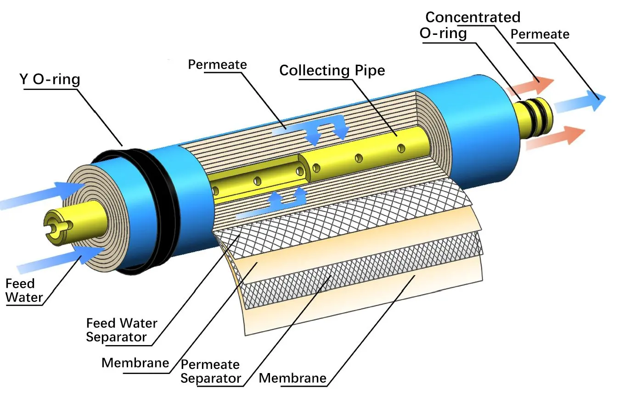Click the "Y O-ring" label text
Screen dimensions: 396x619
tap(50, 80)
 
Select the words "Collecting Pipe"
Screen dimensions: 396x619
tap(332, 70)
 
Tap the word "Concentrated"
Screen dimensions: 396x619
tap(473, 17)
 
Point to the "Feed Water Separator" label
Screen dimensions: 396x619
tap(121, 330)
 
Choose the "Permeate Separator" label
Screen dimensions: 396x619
tap(210, 371)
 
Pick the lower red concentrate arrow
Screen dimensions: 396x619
tap(556, 138)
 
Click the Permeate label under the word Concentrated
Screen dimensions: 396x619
tap(540, 34)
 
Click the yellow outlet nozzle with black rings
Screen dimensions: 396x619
tap(535, 117)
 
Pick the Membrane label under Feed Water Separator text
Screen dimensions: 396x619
tap(135, 363)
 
